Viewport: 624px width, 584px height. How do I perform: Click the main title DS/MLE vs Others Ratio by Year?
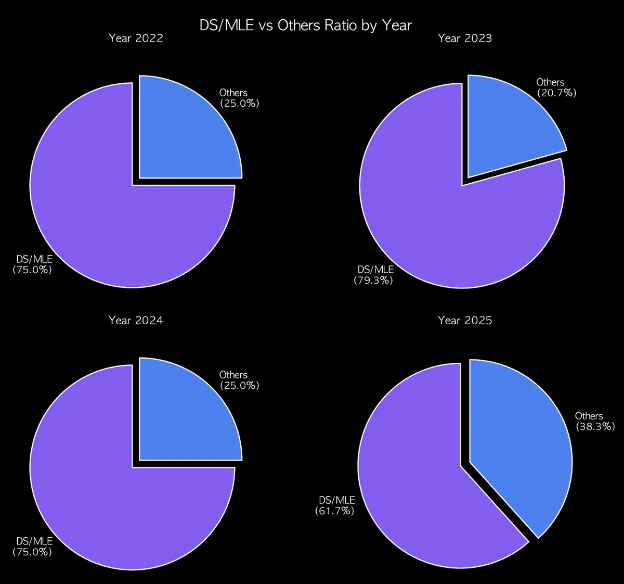pyautogui.click(x=306, y=25)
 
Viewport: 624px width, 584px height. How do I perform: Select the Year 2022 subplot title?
pyautogui.click(x=136, y=38)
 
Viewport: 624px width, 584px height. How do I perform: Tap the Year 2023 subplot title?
pyautogui.click(x=465, y=38)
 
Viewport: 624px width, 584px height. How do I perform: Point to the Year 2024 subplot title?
pyautogui.click(x=136, y=320)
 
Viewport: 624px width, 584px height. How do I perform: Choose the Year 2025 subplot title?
pyautogui.click(x=465, y=320)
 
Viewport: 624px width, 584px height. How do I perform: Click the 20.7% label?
pyautogui.click(x=556, y=93)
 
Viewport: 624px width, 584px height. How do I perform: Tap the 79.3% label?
pyautogui.click(x=373, y=281)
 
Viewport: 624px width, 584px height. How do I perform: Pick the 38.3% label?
pyautogui.click(x=595, y=427)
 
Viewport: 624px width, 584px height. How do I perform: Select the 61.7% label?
pyautogui.click(x=334, y=511)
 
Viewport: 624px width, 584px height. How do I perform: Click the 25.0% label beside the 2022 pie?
pyautogui.click(x=239, y=104)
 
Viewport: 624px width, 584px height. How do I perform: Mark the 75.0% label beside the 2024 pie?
pyautogui.click(x=32, y=552)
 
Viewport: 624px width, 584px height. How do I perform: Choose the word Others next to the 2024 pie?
pyautogui.click(x=233, y=375)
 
